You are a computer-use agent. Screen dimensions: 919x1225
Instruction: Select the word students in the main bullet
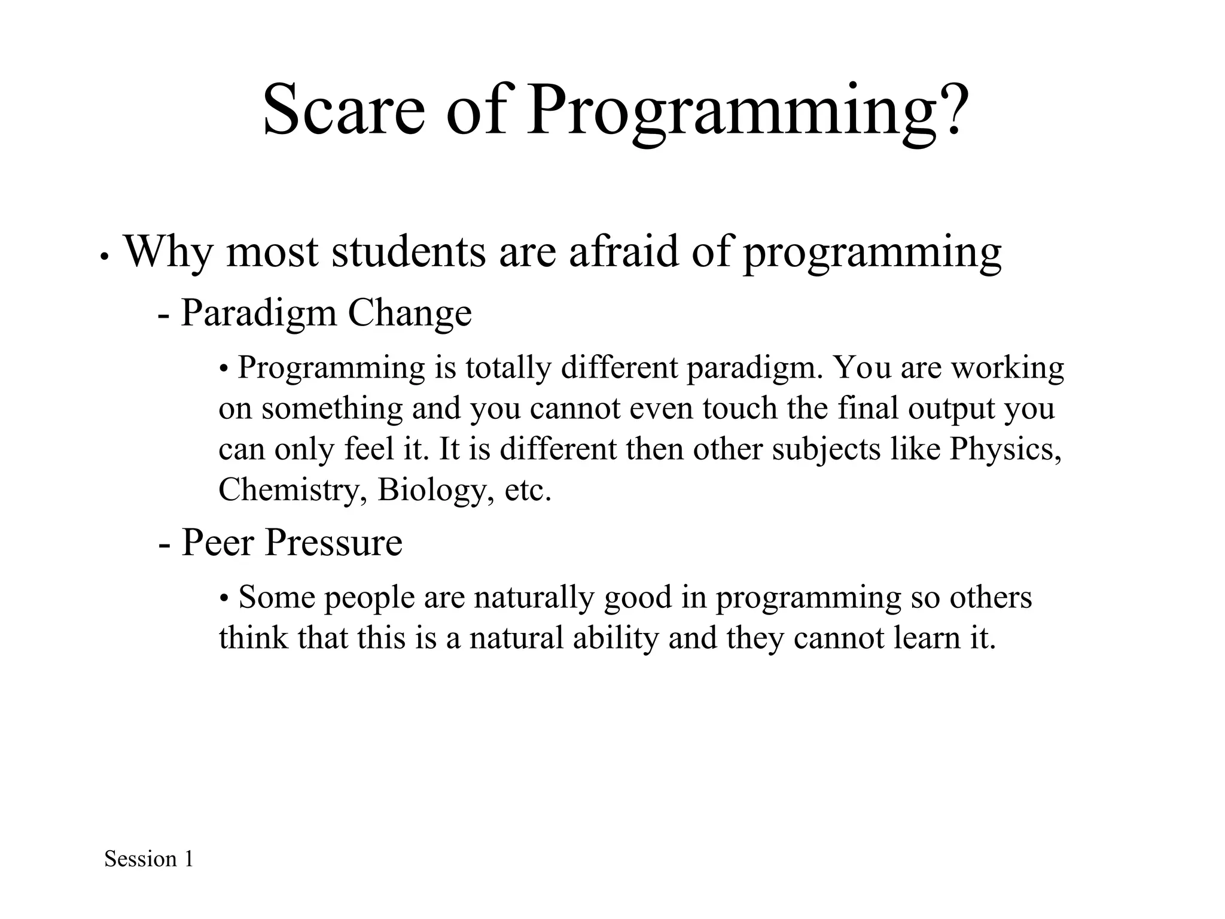point(409,252)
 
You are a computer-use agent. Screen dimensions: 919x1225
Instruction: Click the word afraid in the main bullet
point(623,252)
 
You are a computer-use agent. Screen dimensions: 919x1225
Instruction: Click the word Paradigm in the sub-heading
point(258,314)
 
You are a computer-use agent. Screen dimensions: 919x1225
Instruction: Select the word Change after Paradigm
point(409,314)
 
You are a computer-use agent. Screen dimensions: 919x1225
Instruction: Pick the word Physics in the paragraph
point(1005,449)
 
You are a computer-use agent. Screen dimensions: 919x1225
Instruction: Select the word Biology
point(435,489)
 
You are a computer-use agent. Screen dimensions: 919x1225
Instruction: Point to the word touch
point(739,408)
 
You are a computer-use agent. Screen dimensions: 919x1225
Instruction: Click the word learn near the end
point(922,638)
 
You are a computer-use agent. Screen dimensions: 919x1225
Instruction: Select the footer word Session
point(141,859)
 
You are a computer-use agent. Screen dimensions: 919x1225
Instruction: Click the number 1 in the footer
point(189,859)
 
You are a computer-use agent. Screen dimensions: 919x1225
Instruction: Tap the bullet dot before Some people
point(224,598)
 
